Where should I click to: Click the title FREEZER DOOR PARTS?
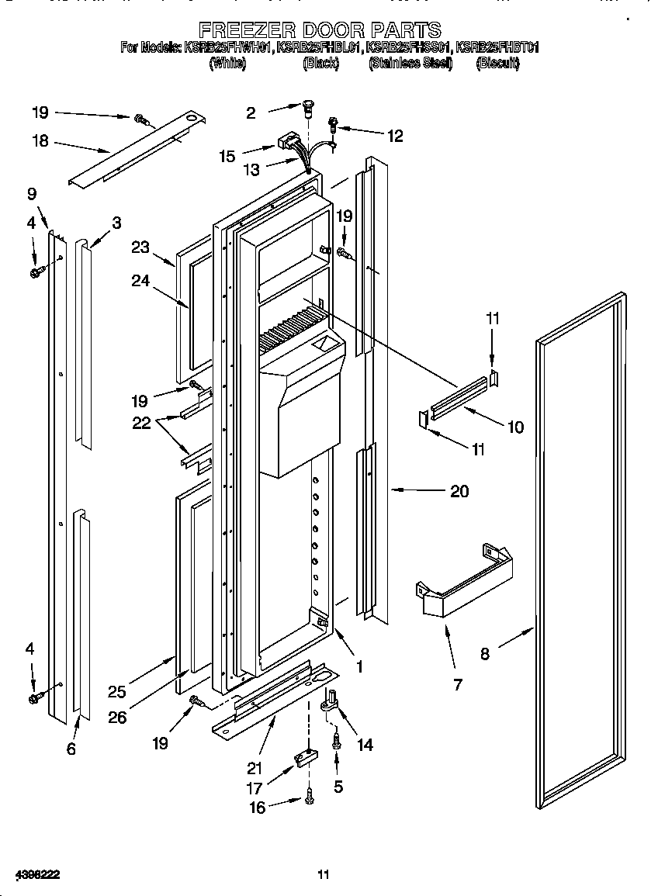(x=320, y=30)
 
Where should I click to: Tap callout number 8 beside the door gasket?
(x=485, y=653)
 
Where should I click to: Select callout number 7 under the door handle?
(x=457, y=683)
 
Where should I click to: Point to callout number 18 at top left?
(x=40, y=140)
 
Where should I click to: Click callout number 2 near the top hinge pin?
(x=251, y=113)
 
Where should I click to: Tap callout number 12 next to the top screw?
(x=395, y=136)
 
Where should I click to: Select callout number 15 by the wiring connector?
(x=227, y=156)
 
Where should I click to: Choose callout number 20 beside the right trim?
(x=459, y=491)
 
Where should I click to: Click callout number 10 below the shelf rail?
(x=514, y=427)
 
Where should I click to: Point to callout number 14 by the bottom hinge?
(x=364, y=745)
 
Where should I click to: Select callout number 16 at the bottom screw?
(x=257, y=808)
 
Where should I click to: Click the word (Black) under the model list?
(x=320, y=64)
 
